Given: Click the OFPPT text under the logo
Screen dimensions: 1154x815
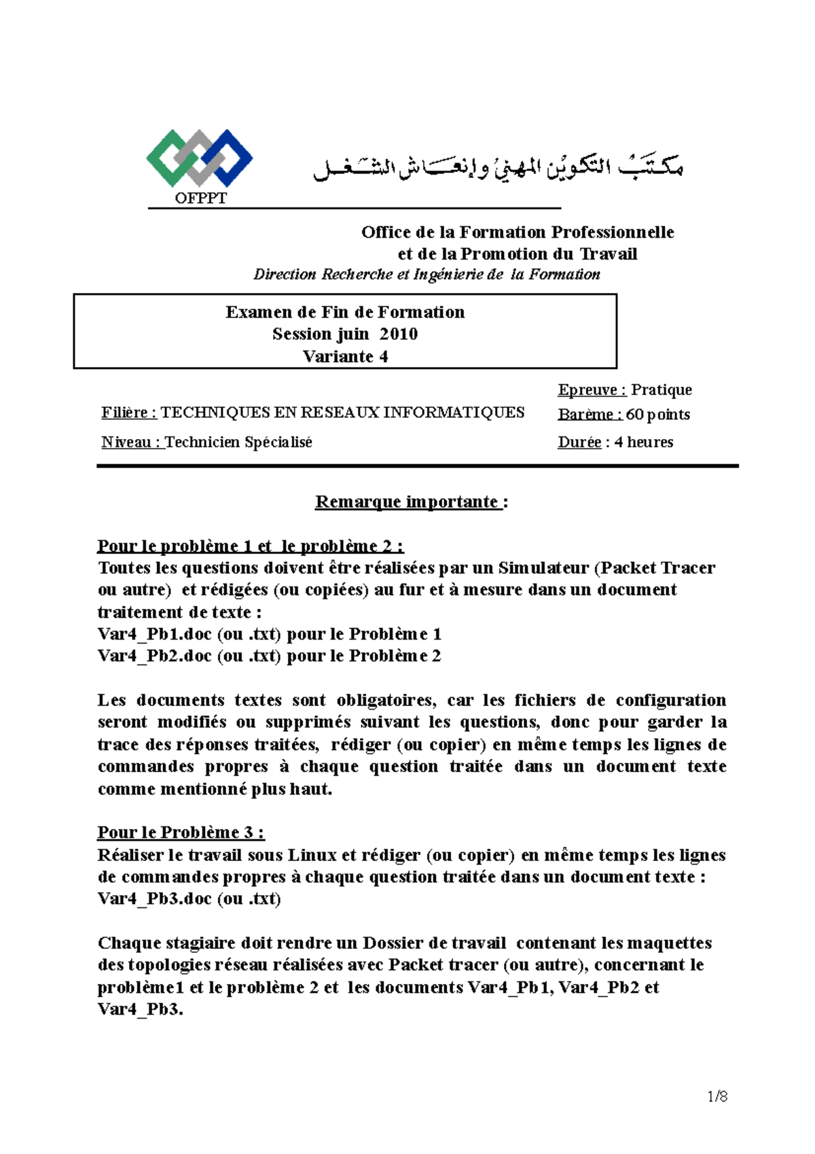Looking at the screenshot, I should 200,198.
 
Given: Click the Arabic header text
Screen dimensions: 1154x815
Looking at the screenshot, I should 498,167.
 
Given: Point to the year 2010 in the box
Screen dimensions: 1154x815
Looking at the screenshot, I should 399,334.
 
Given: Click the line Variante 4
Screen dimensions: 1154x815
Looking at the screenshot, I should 345,356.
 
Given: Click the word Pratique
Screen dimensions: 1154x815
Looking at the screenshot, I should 662,389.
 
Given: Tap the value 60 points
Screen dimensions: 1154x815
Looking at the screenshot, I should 657,415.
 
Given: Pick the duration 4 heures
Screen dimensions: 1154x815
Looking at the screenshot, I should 644,442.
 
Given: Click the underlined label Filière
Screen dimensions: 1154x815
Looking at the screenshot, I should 129,413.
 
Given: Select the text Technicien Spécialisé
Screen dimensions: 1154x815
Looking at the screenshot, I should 238,442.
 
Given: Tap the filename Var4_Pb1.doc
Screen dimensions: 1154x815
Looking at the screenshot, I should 155,634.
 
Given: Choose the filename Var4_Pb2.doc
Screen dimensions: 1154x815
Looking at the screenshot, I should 155,656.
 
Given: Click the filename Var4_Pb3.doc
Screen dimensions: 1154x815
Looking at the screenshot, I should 155,898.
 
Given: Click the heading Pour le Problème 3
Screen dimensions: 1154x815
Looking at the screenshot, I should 181,833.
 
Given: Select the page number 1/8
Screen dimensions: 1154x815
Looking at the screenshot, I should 717,1096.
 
